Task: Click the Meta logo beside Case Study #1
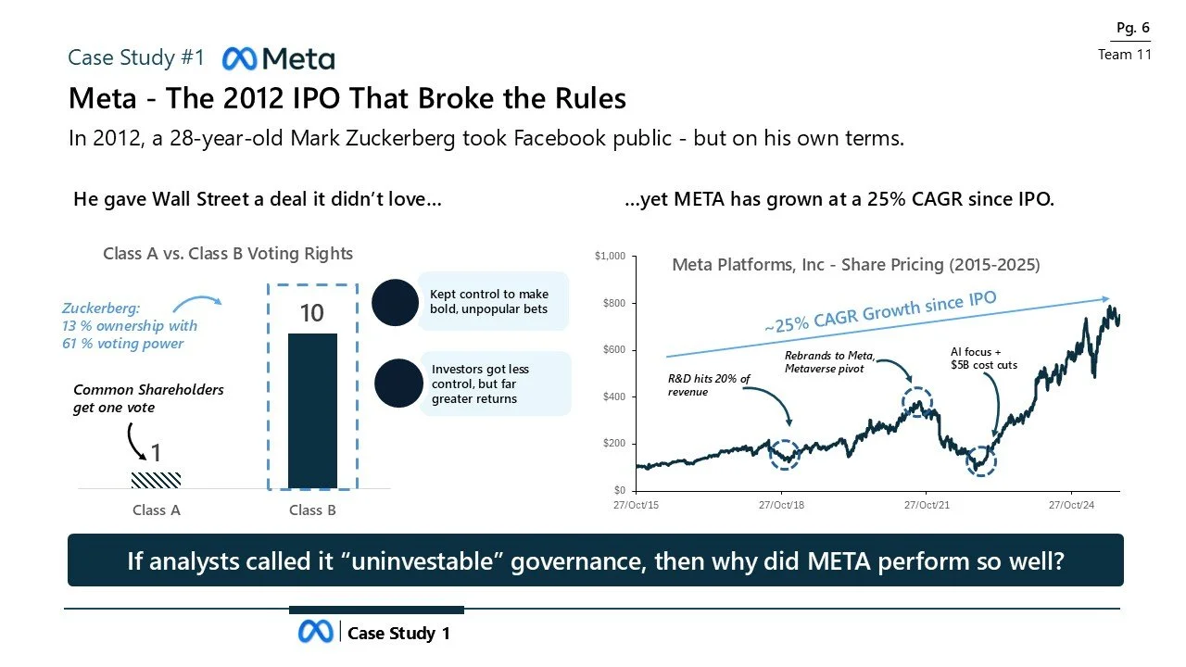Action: (x=278, y=58)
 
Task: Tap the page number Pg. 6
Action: (x=1132, y=28)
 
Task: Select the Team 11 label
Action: (x=1124, y=55)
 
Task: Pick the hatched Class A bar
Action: (x=156, y=479)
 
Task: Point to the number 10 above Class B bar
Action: (x=311, y=313)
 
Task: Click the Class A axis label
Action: (x=156, y=510)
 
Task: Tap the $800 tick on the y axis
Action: (x=612, y=303)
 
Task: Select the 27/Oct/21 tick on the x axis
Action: (x=926, y=505)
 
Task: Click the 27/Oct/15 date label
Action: (x=637, y=505)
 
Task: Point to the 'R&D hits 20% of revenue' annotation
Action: (x=709, y=385)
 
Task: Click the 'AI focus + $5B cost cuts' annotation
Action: (x=983, y=359)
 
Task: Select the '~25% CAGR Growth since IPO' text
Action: (x=880, y=312)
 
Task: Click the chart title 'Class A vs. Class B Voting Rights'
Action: (x=228, y=254)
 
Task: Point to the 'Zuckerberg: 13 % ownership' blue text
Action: (x=130, y=326)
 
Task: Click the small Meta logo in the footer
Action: (x=315, y=632)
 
